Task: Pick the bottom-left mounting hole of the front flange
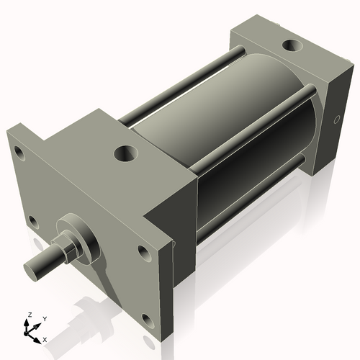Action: (x=32, y=220)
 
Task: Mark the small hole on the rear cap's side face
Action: (x=336, y=121)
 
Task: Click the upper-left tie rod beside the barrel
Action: (x=173, y=87)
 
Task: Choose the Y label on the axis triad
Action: (x=44, y=318)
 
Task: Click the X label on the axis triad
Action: (x=45, y=338)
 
